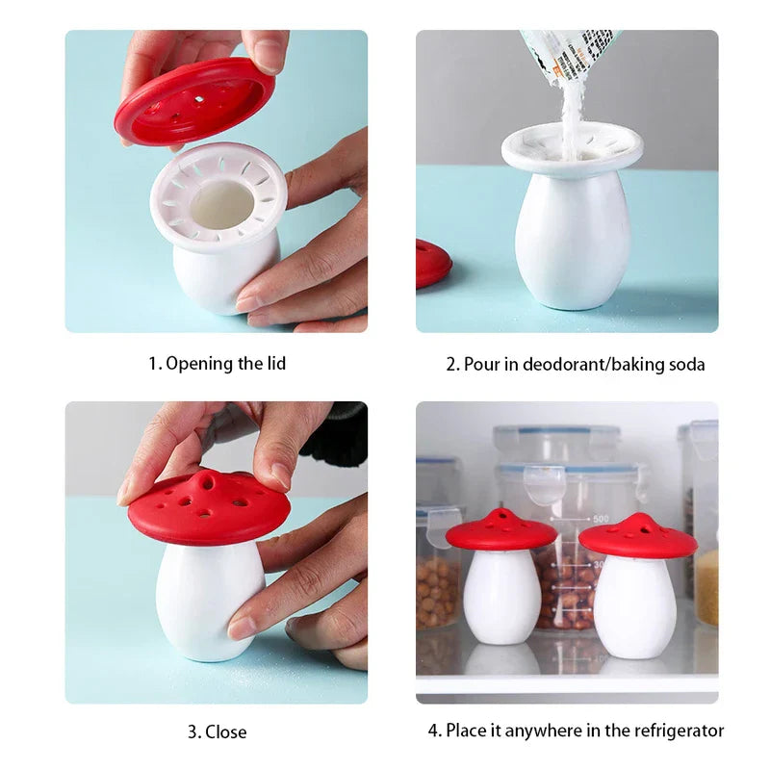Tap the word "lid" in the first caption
(x=276, y=364)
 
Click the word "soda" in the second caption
(x=687, y=365)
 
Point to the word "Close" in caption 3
(x=226, y=731)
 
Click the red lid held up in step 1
(x=195, y=100)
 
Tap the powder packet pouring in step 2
(x=569, y=54)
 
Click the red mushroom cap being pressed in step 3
(x=209, y=508)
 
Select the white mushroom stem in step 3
(x=206, y=599)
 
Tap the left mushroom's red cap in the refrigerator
(x=500, y=530)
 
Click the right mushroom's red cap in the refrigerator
(x=638, y=536)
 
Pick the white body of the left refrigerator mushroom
(x=501, y=597)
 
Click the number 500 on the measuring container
(x=601, y=519)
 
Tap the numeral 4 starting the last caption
(x=433, y=731)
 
